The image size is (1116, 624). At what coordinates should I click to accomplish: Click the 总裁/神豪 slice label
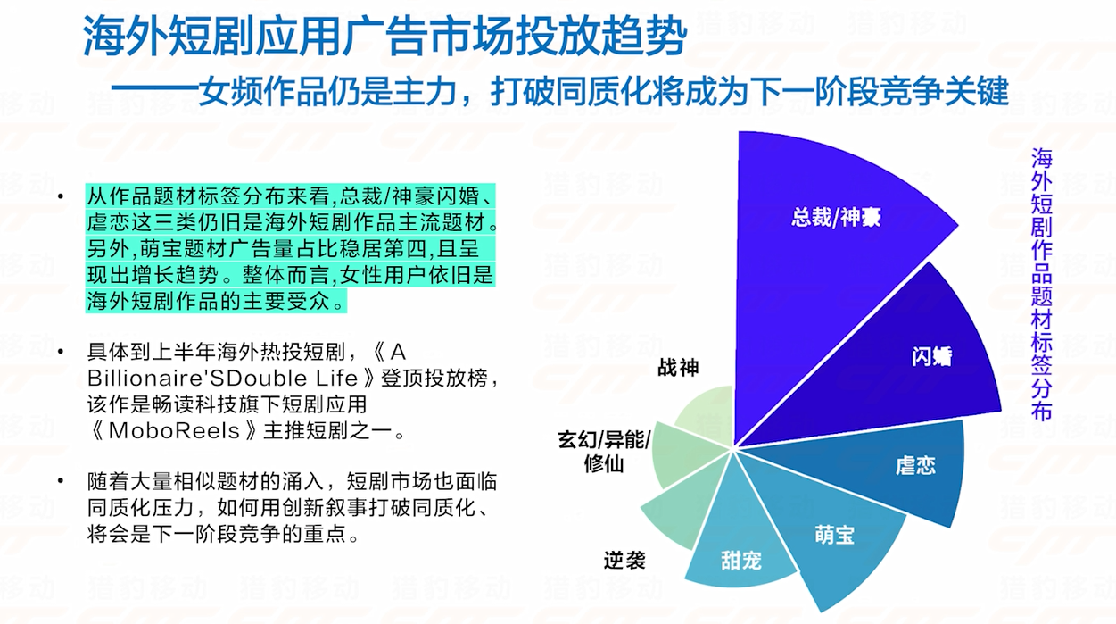[x=836, y=218]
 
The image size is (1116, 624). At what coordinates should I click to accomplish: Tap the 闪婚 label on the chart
[x=931, y=357]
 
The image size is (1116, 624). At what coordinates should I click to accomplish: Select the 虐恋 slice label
[x=915, y=465]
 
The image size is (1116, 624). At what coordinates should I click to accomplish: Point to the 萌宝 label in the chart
[x=834, y=535]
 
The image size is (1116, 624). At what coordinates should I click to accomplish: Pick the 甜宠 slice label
[x=741, y=561]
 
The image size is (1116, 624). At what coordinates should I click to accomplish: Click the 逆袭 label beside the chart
[x=624, y=561]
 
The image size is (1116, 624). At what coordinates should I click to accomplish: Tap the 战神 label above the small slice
[x=678, y=367]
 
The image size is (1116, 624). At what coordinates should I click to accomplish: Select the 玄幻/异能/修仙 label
[x=604, y=452]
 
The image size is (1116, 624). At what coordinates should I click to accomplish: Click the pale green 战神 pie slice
[x=707, y=413]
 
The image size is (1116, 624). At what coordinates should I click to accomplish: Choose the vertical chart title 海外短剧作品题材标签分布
[x=1041, y=284]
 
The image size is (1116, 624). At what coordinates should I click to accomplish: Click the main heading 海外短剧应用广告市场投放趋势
[x=384, y=36]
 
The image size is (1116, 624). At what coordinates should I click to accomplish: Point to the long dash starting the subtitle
[x=154, y=92]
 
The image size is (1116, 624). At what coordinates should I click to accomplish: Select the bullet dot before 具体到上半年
[x=61, y=352]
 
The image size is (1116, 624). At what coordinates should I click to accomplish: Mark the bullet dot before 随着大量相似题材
[x=61, y=481]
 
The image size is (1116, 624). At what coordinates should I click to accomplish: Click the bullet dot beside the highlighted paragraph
[x=61, y=196]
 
